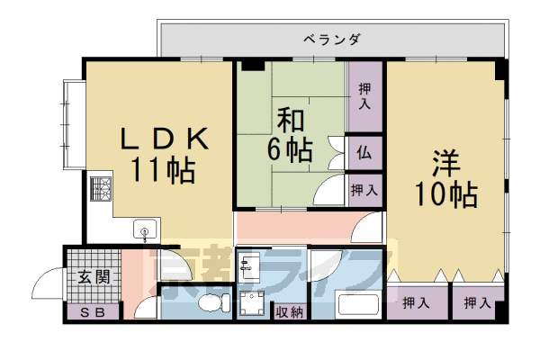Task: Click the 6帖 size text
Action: [288, 150]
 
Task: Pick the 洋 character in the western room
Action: [445, 165]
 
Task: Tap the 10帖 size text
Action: [445, 193]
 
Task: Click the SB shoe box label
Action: [92, 312]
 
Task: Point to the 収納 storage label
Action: [290, 311]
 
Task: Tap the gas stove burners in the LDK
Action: [100, 189]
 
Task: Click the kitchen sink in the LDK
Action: [144, 232]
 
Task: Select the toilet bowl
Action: [211, 302]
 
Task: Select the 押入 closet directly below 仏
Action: [364, 190]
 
